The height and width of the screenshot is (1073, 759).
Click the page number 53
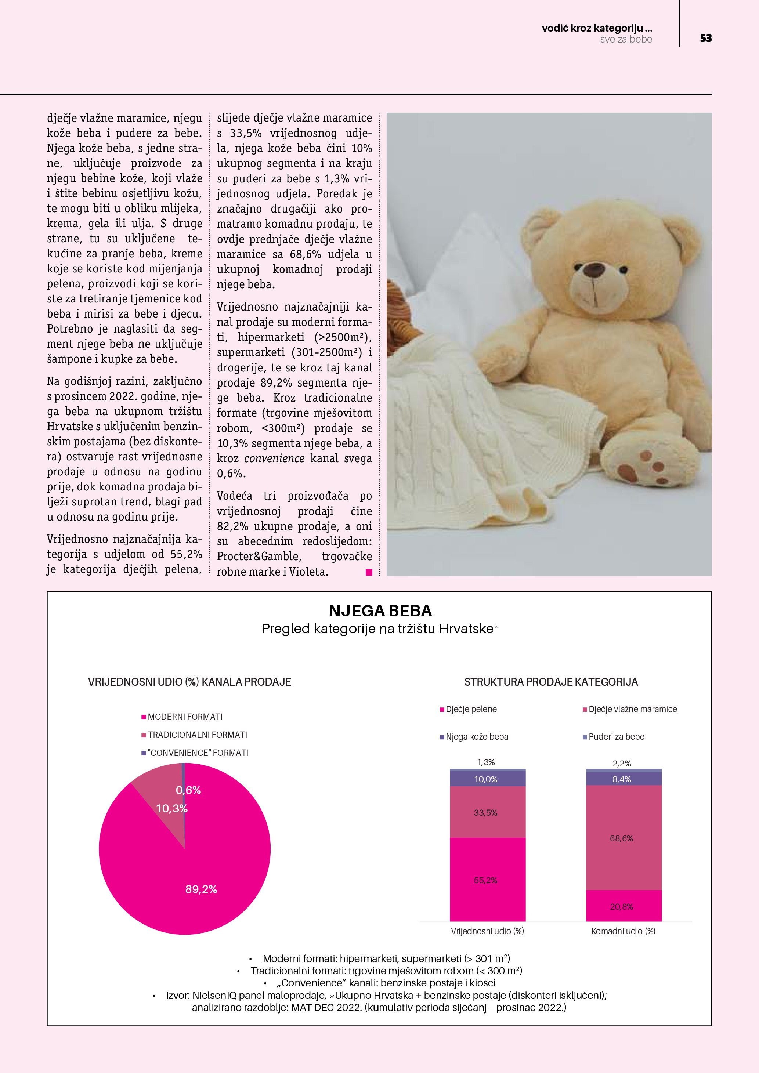[706, 38]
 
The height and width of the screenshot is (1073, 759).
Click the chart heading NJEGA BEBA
[380, 611]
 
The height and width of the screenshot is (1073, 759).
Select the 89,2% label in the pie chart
[201, 889]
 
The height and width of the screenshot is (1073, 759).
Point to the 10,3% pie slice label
[171, 808]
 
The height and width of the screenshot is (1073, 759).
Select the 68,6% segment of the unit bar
[622, 839]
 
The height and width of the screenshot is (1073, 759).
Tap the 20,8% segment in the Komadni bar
[622, 907]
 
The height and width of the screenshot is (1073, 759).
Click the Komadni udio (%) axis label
[624, 931]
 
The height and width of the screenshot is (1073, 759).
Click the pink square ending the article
[369, 572]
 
